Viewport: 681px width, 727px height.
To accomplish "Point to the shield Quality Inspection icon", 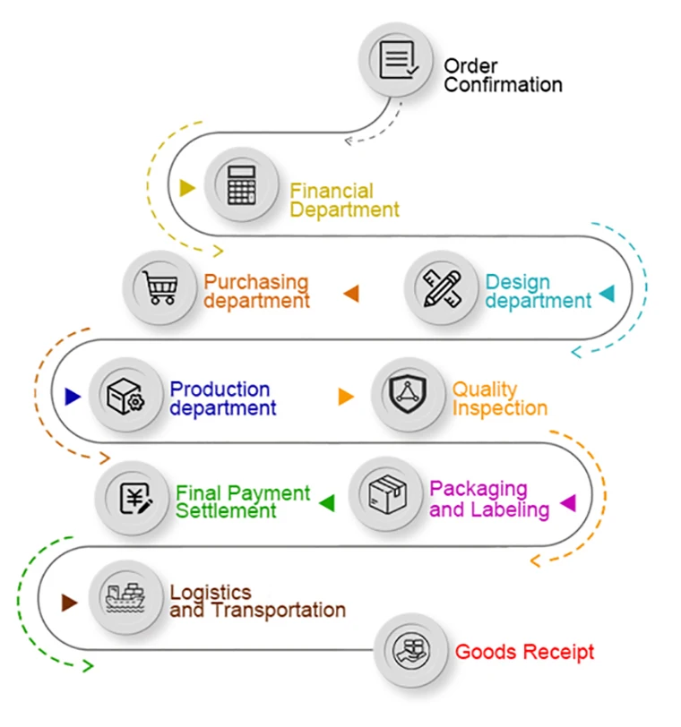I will coord(409,395).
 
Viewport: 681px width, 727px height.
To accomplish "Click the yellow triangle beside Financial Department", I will coord(186,188).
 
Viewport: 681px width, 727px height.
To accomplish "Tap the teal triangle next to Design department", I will coord(608,293).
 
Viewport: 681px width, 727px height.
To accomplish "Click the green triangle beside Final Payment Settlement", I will coord(327,503).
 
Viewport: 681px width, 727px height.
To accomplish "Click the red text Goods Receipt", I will coord(524,652).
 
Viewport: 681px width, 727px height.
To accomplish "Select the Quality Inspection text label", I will coord(499,398).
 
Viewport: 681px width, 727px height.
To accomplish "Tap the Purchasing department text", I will coord(256,291).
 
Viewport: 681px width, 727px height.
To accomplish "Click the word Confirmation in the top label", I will coord(504,85).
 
